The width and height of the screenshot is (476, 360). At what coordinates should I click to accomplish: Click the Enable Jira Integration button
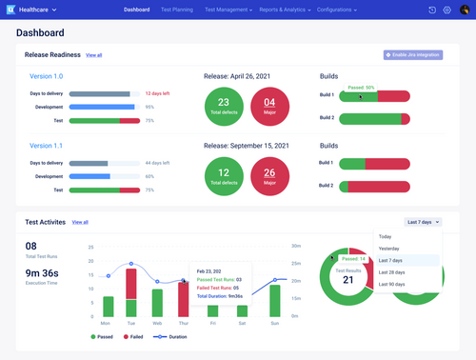point(412,55)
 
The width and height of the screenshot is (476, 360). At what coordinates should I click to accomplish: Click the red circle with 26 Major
point(269,175)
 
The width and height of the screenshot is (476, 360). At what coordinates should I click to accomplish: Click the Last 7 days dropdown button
point(423,222)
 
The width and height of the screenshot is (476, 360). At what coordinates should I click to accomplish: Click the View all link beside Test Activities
point(80,222)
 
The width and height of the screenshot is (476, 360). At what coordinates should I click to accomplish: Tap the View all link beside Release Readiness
point(93,55)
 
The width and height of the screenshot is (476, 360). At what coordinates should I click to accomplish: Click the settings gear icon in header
point(446,10)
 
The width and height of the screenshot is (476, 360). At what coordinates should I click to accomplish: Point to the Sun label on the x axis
point(275,323)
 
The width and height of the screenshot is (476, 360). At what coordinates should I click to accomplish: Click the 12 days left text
point(157,93)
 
